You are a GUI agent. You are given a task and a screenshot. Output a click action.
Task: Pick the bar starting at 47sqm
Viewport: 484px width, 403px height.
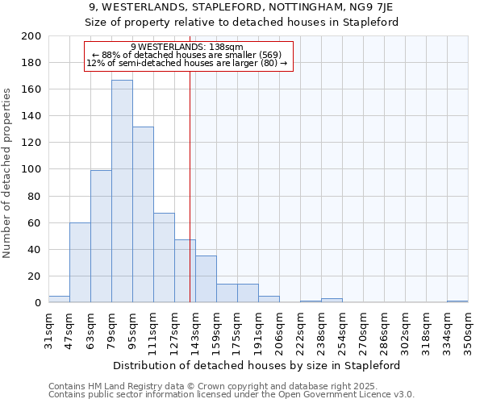[80, 262]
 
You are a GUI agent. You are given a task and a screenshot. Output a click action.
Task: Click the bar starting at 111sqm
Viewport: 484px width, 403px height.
[164, 258]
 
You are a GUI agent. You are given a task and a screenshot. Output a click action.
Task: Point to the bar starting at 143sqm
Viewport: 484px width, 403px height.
[206, 279]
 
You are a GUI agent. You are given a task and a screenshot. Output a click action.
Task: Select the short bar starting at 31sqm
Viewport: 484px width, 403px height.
[59, 299]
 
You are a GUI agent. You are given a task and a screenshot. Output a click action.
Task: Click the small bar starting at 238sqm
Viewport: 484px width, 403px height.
[332, 301]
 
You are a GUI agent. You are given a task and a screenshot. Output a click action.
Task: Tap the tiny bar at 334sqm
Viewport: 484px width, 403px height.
[457, 301]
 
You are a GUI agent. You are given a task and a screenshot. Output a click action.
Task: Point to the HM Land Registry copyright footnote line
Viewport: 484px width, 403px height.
[231, 386]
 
